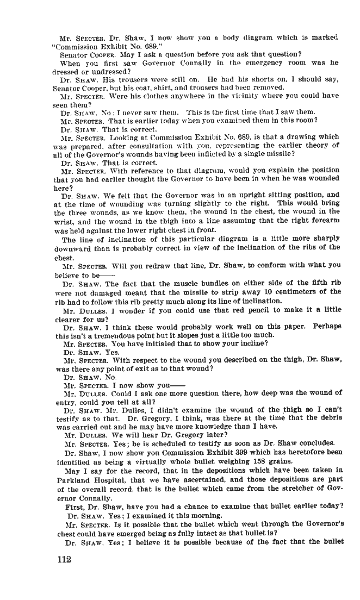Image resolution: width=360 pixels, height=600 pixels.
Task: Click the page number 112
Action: click(x=64, y=561)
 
